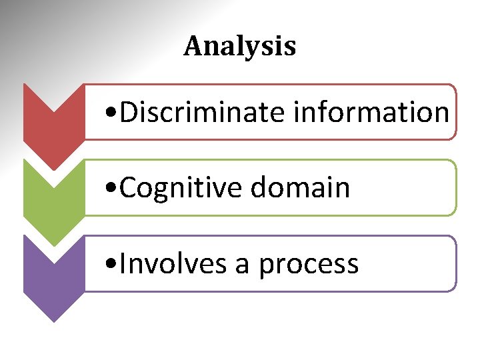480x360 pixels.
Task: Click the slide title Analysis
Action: (239, 47)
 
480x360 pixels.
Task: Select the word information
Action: (371, 112)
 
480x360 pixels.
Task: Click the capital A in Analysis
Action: (193, 47)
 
